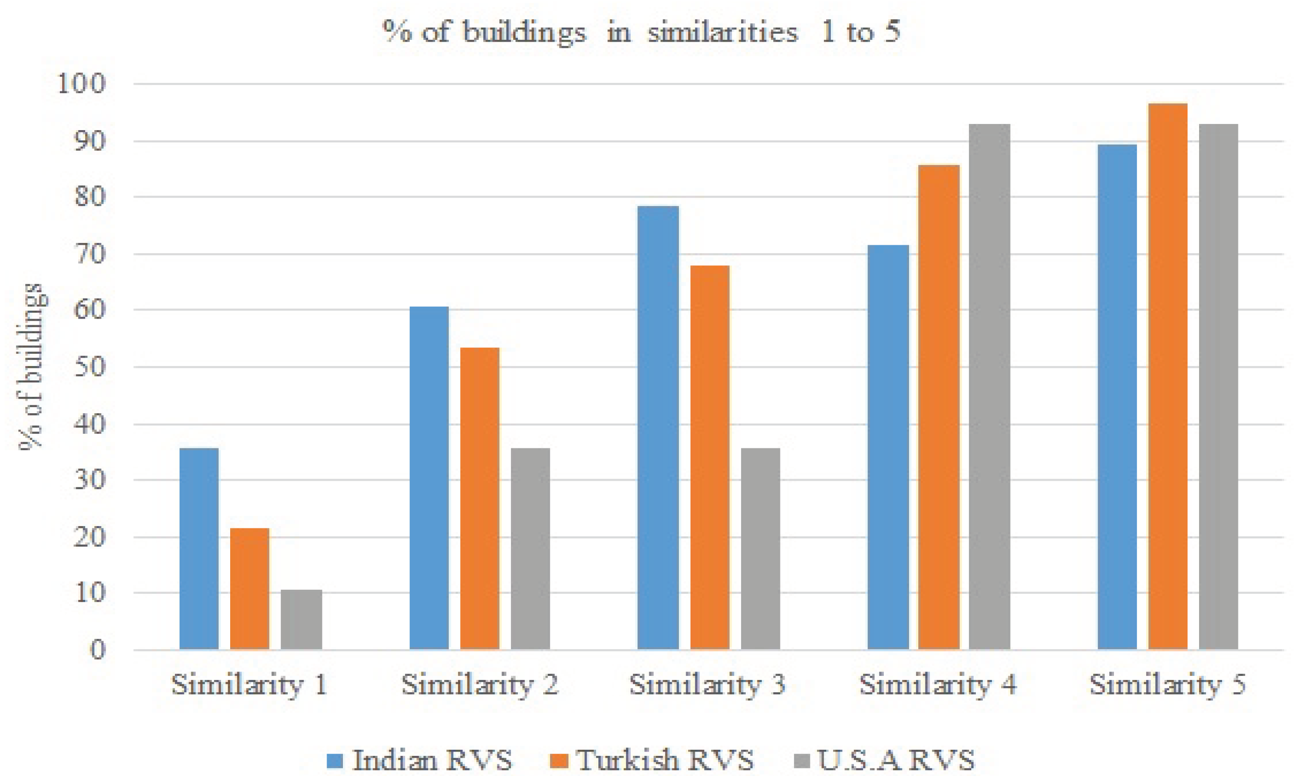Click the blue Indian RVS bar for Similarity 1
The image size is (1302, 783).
pos(199,549)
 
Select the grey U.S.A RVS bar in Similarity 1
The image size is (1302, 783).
pos(301,620)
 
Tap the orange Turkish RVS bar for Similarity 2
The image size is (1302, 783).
pos(480,498)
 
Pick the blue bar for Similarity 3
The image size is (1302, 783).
pos(658,427)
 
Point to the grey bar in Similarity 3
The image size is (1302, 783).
pos(760,549)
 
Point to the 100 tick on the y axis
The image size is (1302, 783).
pos(82,83)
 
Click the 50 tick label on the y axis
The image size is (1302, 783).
pos(90,367)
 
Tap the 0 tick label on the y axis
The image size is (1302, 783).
pos(98,650)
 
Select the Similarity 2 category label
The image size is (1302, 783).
pos(480,685)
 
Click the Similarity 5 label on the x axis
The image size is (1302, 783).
pos(1168,685)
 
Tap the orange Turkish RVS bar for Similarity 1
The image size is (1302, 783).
pos(249,588)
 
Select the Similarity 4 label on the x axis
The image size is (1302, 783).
pos(938,685)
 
